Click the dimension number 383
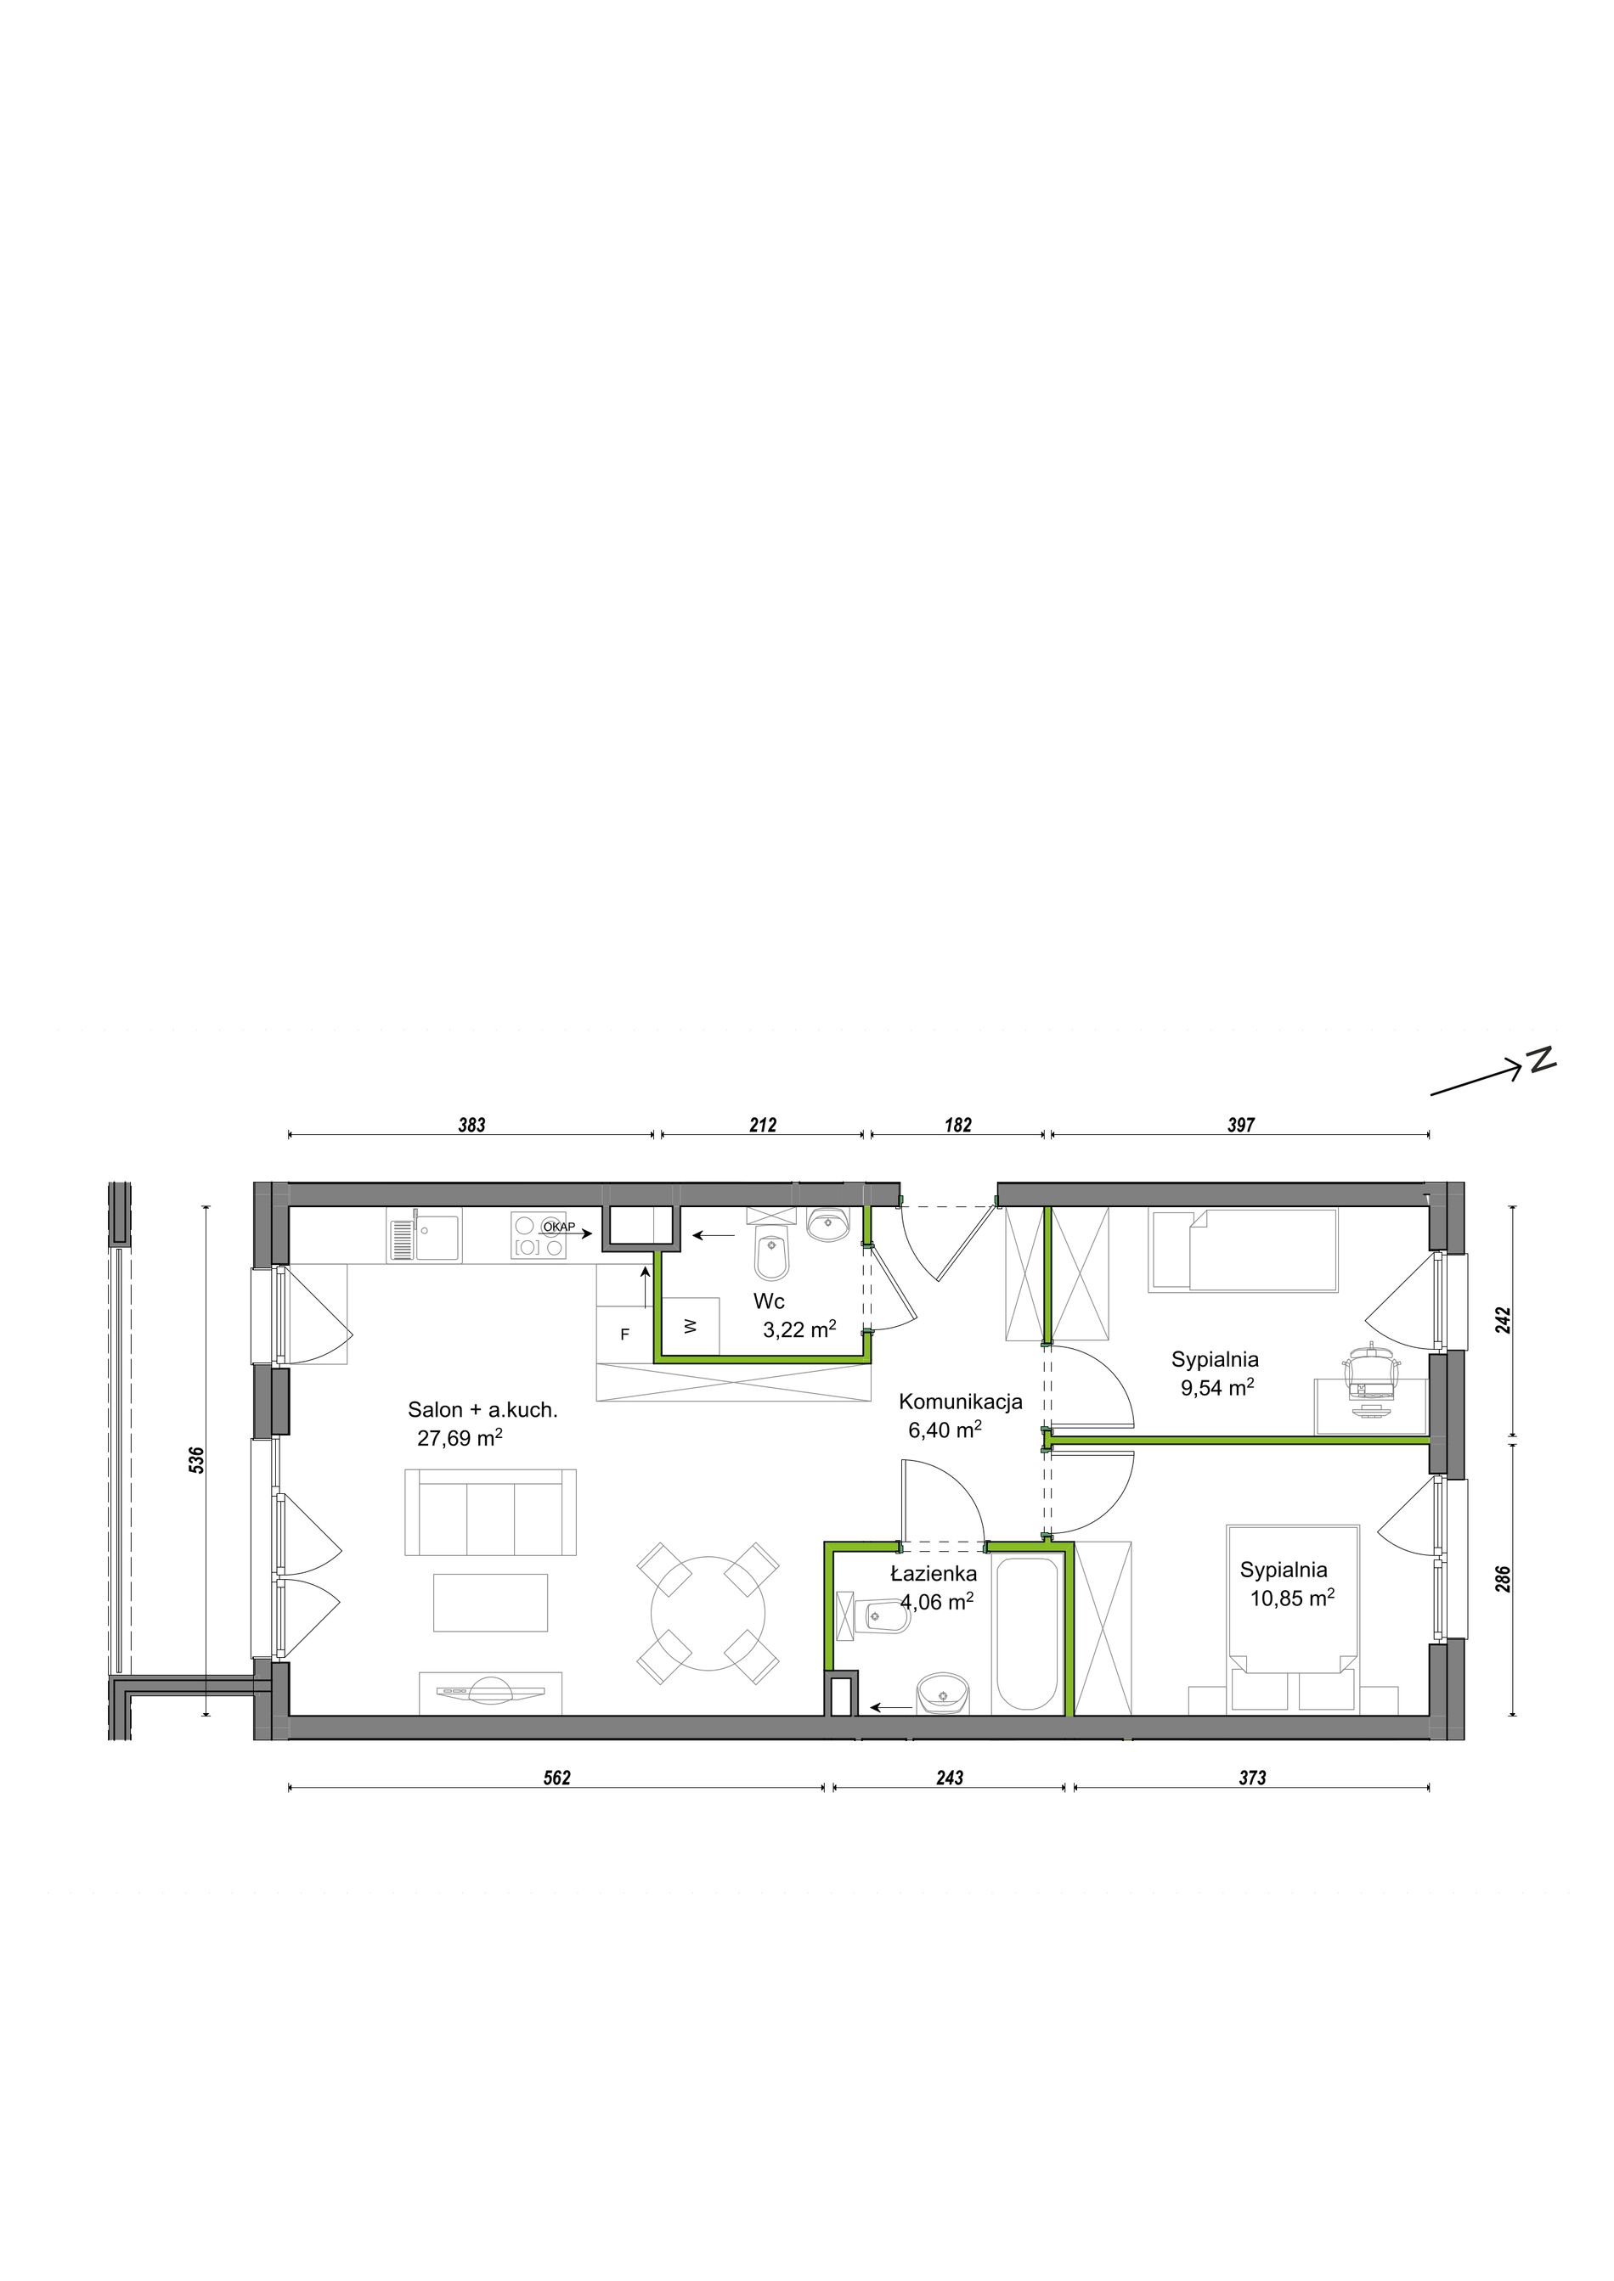(471, 1126)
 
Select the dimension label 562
(556, 1778)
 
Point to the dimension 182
(958, 1126)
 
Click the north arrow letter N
(1542, 1060)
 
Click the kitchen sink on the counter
(425, 1238)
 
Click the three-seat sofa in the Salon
(490, 1511)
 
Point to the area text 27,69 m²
(460, 1437)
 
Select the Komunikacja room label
(960, 1402)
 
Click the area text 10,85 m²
(1292, 1598)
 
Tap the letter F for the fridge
(624, 1335)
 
